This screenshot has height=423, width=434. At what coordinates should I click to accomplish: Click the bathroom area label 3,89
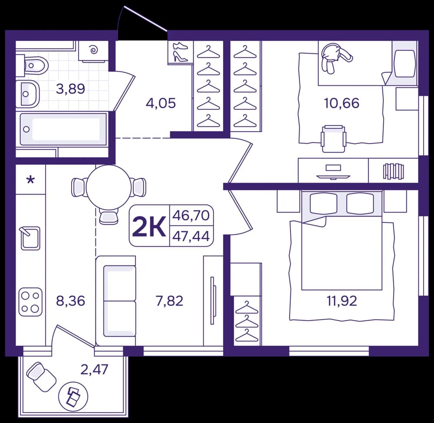[x=70, y=89]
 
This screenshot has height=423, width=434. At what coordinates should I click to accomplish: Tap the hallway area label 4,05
[x=161, y=103]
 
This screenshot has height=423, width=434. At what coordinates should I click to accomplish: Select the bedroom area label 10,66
[x=342, y=103]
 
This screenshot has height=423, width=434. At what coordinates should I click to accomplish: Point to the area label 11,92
[x=342, y=301]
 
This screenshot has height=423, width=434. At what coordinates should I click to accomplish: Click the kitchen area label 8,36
[x=71, y=301]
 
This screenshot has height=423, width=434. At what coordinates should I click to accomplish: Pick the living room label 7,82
[x=169, y=301]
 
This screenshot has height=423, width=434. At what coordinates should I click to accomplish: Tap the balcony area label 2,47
[x=94, y=369]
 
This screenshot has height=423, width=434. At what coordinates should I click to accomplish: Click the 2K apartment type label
[x=149, y=226]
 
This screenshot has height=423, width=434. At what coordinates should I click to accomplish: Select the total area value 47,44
[x=191, y=236]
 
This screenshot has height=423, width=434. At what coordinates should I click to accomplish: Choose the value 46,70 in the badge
[x=191, y=215]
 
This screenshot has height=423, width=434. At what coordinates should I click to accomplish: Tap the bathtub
[x=63, y=129]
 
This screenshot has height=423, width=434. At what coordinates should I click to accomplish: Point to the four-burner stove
[x=30, y=302]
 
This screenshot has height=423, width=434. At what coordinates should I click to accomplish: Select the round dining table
[x=108, y=187]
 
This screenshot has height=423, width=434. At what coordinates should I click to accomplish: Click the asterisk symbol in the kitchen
[x=30, y=180]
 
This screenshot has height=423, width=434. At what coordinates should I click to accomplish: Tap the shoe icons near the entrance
[x=180, y=52]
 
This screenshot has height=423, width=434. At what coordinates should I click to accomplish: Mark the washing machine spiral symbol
[x=93, y=50]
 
